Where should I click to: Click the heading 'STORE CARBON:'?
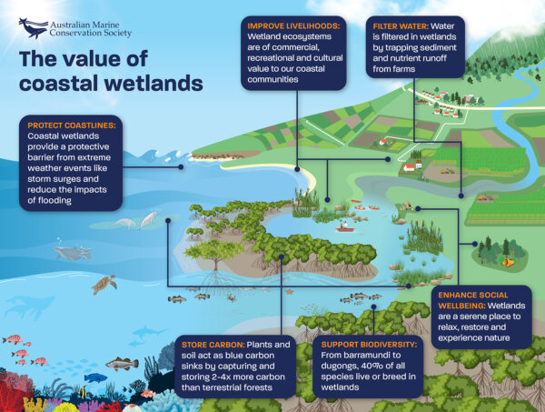tap(208, 345)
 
